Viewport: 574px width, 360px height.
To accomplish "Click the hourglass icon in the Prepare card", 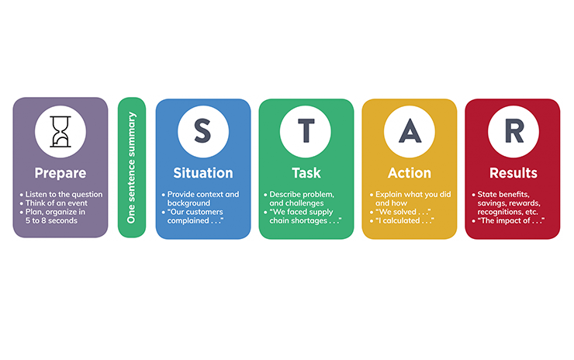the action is pyautogui.click(x=60, y=130).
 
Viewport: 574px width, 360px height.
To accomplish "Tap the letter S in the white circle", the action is pyautogui.click(x=202, y=131).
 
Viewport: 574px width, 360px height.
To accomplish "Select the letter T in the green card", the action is pyautogui.click(x=306, y=131).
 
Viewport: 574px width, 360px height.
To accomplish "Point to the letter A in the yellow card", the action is pyautogui.click(x=409, y=131).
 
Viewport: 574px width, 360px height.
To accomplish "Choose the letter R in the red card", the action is pyautogui.click(x=512, y=131).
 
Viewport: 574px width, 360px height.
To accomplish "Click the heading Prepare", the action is pyautogui.click(x=60, y=172).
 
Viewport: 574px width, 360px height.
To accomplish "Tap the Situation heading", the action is pyautogui.click(x=202, y=172).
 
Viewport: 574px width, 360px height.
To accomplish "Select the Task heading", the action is pyautogui.click(x=306, y=172).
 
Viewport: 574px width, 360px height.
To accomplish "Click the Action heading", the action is pyautogui.click(x=409, y=172).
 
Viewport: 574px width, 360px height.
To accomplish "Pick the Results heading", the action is pyautogui.click(x=512, y=172).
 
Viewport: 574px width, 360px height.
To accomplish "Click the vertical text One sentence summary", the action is pyautogui.click(x=131, y=168).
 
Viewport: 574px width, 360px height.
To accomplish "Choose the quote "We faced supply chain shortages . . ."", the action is pyautogui.click(x=306, y=216).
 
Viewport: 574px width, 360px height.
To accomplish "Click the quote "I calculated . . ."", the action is pyautogui.click(x=403, y=222).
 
